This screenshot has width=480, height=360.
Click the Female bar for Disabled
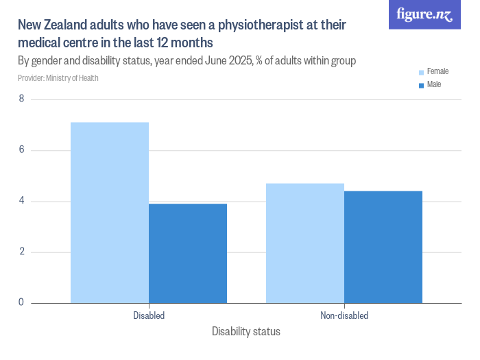(x=110, y=213)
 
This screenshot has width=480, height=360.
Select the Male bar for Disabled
(x=188, y=253)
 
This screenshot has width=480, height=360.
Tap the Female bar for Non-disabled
(x=305, y=243)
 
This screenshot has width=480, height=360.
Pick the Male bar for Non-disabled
(x=383, y=247)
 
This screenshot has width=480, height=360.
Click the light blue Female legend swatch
(x=421, y=72)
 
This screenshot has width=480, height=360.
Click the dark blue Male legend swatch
(x=421, y=85)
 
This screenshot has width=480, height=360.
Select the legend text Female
(x=437, y=71)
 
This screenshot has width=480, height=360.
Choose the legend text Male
(x=434, y=84)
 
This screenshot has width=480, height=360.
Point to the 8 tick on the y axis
(x=21, y=99)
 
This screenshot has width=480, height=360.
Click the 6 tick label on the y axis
(x=21, y=150)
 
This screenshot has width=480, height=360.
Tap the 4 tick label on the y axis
(x=21, y=201)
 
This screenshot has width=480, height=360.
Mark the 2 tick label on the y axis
(x=21, y=252)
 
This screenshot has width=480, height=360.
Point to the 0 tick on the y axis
(x=21, y=302)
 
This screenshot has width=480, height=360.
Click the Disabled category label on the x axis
(x=149, y=316)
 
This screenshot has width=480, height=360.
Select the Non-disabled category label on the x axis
(x=344, y=316)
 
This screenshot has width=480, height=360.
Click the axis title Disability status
(x=246, y=332)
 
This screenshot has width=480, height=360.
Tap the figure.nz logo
(x=424, y=14)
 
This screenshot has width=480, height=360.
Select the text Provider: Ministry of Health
(x=58, y=78)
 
